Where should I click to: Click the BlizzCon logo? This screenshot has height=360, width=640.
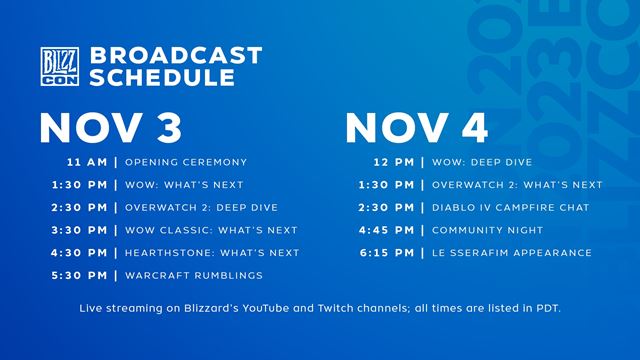pyautogui.click(x=56, y=67)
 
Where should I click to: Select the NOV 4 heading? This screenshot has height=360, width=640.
pyautogui.click(x=411, y=128)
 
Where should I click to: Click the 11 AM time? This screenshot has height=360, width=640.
pyautogui.click(x=87, y=162)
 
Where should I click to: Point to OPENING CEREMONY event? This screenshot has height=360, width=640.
pyautogui.click(x=186, y=162)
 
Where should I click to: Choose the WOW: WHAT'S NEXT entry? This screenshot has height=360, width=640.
pyautogui.click(x=184, y=185)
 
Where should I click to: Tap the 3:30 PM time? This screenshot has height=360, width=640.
pyautogui.click(x=79, y=230)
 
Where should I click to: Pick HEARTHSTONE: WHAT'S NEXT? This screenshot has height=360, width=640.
pyautogui.click(x=212, y=253)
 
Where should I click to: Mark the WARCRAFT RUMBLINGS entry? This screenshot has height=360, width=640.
pyautogui.click(x=194, y=275)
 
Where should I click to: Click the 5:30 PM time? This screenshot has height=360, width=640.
pyautogui.click(x=79, y=275)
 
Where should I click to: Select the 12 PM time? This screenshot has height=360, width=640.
pyautogui.click(x=393, y=162)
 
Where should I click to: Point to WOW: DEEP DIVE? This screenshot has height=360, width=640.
pyautogui.click(x=482, y=162)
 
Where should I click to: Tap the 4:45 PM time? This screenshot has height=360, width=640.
pyautogui.click(x=386, y=230)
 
